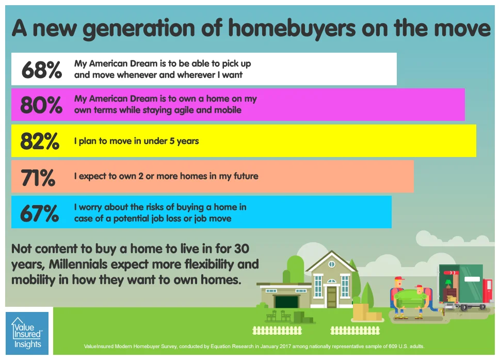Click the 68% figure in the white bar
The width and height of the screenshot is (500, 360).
(x=41, y=69)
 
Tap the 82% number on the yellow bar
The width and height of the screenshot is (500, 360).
(x=40, y=140)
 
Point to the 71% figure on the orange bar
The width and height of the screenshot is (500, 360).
(x=38, y=177)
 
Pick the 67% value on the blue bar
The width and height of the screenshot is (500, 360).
(x=39, y=213)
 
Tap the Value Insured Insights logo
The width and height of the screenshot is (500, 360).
(x=27, y=333)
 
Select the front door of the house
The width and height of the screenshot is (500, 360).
(x=331, y=296)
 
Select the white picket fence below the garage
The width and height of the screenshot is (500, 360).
(x=277, y=330)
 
